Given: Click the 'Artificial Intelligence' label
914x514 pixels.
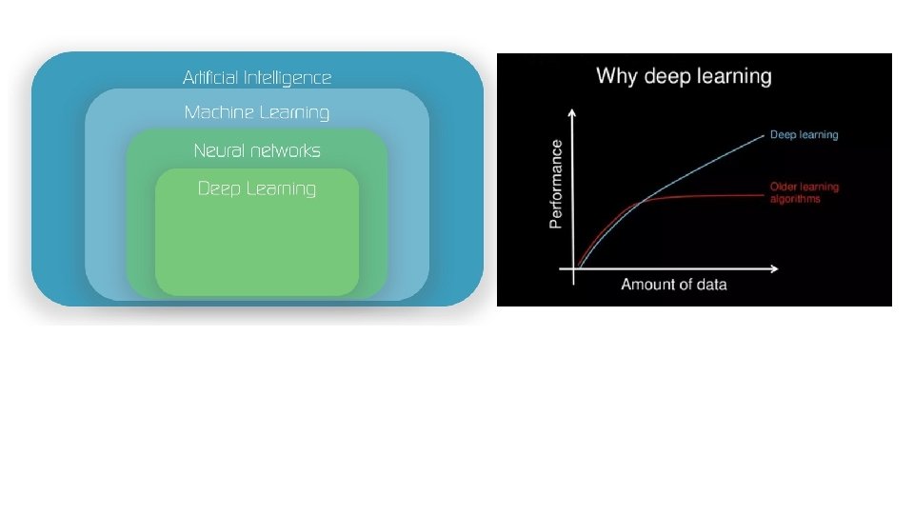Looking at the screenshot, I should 257,77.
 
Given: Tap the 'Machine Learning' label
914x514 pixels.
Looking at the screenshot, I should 257,112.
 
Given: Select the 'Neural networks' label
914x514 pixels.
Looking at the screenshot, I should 257,150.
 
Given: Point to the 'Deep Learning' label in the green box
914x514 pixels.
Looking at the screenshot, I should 257,188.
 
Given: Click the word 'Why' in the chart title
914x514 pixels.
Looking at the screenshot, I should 616,76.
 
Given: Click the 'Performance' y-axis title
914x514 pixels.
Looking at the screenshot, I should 556,184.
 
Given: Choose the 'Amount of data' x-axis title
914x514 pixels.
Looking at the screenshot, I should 674,285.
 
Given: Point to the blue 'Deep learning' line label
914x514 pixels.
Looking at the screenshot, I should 805,135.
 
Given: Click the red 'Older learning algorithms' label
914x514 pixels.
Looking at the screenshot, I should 805,193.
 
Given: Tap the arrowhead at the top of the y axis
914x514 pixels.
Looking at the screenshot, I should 572,112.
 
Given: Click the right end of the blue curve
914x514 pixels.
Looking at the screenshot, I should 764,135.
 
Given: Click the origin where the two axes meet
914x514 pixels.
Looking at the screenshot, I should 572,269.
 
